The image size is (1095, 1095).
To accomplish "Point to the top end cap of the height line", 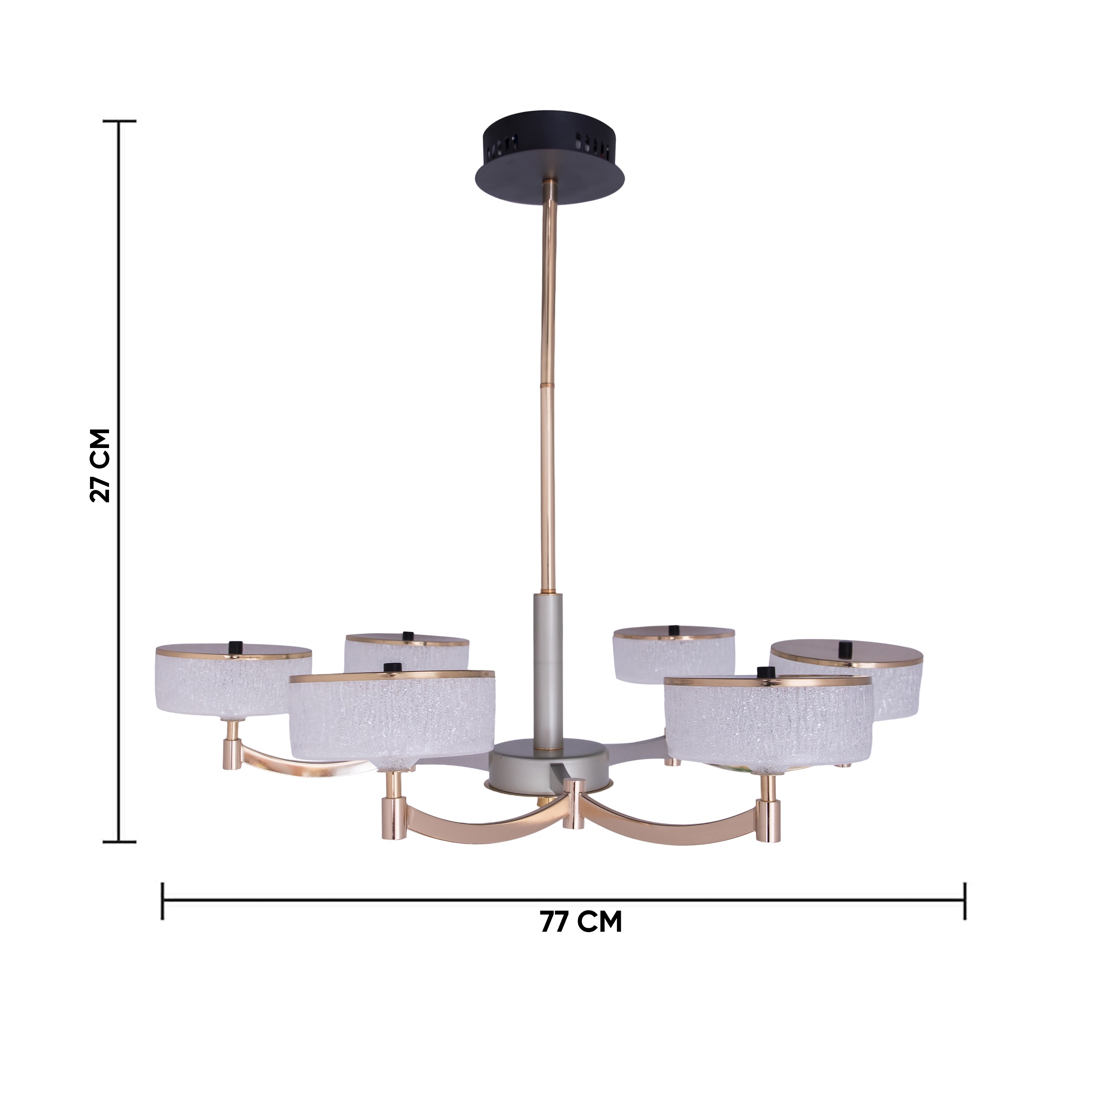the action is pos(119,121).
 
